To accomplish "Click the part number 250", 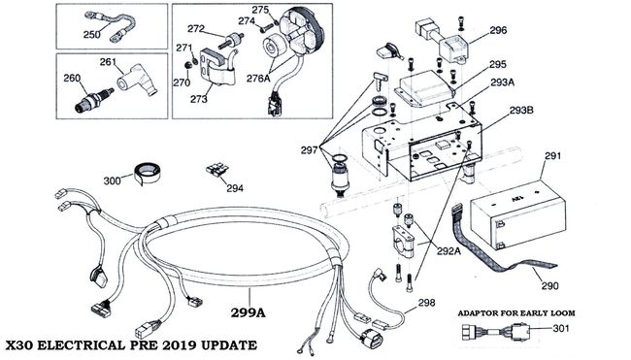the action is tap(92, 35).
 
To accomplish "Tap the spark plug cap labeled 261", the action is tap(137, 81).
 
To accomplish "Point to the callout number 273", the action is tap(199, 99).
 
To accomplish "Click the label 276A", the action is tap(258, 79).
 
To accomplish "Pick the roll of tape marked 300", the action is tap(146, 173).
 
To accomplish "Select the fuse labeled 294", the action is tap(217, 170).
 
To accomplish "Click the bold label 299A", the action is tap(248, 312).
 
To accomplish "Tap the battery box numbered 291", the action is tap(518, 215).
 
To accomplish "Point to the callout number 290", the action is tap(549, 285).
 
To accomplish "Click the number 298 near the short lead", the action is tap(426, 302).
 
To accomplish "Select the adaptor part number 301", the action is tap(561, 328).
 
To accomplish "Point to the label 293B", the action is tap(521, 110).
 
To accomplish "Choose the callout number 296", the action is tap(498, 30).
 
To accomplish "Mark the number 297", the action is tap(310, 150).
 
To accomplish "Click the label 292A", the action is tap(449, 250).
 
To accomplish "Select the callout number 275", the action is tap(260, 10).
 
